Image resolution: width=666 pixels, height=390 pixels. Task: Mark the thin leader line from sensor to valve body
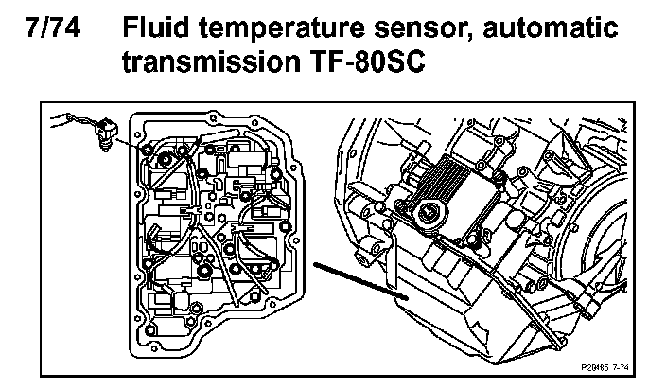[x=128, y=144]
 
